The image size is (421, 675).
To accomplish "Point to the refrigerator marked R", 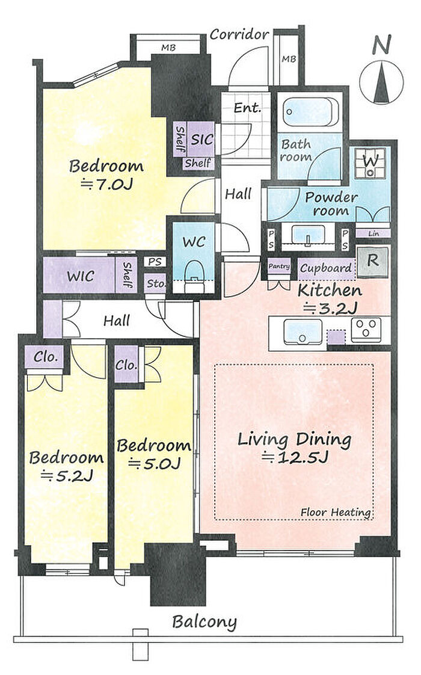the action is tap(373, 261).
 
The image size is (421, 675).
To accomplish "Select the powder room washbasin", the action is tap(307, 235).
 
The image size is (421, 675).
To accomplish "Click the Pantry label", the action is tap(279, 267).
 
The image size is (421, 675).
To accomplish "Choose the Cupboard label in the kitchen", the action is tap(326, 268).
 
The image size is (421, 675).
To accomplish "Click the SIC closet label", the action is tap(202, 139).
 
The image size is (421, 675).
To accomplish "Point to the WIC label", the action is tap(81, 276).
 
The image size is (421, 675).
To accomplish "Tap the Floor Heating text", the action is tap(336, 513).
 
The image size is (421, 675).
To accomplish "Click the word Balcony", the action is tap(204, 621).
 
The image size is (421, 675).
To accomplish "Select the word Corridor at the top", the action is tap(239, 34).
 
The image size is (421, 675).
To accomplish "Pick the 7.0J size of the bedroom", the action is tap(107, 185).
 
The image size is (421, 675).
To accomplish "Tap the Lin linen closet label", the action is tap(373, 234).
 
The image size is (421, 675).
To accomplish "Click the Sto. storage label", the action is tap(156, 284).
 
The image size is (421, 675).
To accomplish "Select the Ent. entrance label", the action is tap(248, 108).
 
